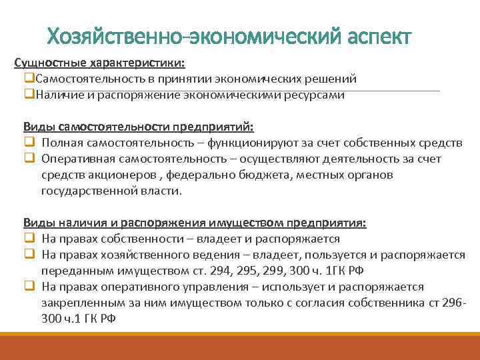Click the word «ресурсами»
[x=316, y=95]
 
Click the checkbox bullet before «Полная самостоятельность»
[x=29, y=143]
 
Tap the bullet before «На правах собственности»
[x=29, y=239]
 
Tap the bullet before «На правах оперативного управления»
[x=29, y=287]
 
